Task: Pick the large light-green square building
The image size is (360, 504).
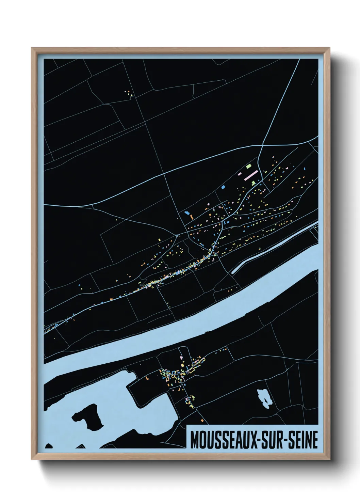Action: pos(249,166)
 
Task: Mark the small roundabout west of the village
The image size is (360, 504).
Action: pos(178,235)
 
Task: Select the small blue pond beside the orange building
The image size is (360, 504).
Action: pos(186,213)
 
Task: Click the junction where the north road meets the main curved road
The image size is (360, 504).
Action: pos(262,146)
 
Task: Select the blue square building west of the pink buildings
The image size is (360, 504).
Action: pos(223,187)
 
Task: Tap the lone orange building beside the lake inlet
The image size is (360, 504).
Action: pos(147,378)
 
